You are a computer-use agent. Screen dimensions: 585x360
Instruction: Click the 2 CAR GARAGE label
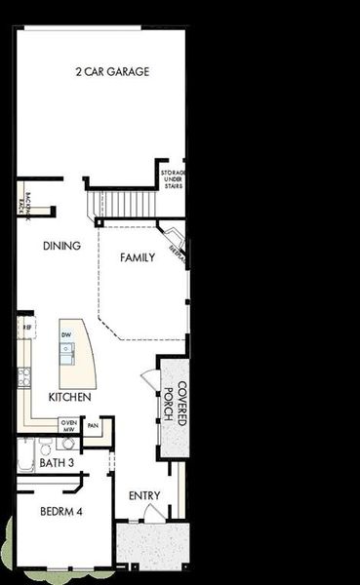(x=112, y=71)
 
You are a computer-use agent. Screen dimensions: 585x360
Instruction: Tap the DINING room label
(x=61, y=247)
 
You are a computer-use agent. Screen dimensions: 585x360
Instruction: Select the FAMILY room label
(x=138, y=258)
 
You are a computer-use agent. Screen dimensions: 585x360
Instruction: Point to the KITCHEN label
(x=70, y=398)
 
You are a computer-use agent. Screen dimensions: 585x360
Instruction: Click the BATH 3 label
(x=57, y=462)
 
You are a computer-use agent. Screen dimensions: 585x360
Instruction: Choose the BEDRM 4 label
(x=60, y=510)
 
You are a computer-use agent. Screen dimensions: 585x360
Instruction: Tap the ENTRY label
(x=144, y=496)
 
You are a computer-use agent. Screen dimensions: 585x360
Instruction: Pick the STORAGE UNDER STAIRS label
(x=174, y=178)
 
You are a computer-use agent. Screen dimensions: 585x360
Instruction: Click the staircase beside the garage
(x=122, y=204)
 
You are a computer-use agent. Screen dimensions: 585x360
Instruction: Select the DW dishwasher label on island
(x=66, y=335)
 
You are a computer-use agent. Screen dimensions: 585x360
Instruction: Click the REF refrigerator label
(x=28, y=328)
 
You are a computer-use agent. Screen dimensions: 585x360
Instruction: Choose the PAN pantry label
(x=94, y=425)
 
